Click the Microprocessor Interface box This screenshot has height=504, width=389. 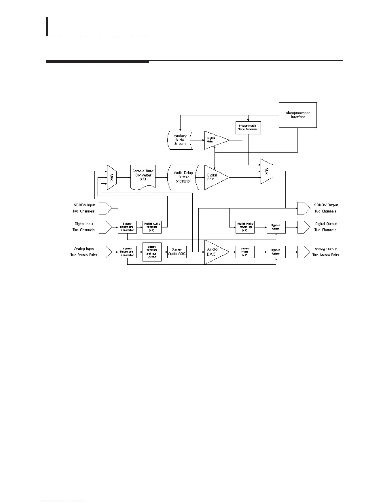pyautogui.click(x=297, y=115)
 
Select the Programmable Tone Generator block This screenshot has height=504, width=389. pyautogui.click(x=248, y=128)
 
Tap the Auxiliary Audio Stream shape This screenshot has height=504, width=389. pyautogui.click(x=180, y=140)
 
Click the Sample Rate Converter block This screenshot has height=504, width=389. pyautogui.click(x=143, y=177)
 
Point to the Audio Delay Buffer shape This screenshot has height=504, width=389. pyautogui.click(x=183, y=177)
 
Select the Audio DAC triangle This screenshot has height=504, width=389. pyautogui.click(x=214, y=252)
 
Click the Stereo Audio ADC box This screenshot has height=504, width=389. pyautogui.click(x=177, y=252)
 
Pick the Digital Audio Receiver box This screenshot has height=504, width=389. pyautogui.click(x=152, y=227)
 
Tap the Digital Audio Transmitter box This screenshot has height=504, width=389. pyautogui.click(x=245, y=227)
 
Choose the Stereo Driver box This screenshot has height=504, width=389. pyautogui.click(x=245, y=252)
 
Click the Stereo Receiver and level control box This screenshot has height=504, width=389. pyautogui.click(x=152, y=252)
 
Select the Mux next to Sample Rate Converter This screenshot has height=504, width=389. pyautogui.click(x=112, y=177)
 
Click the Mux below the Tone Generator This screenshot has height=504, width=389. pyautogui.click(x=267, y=171)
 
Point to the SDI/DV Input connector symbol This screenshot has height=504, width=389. pyautogui.click(x=105, y=208)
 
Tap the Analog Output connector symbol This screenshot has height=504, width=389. pyautogui.click(x=304, y=252)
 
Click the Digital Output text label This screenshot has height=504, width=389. pyautogui.click(x=326, y=224)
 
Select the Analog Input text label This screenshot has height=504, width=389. pyautogui.click(x=84, y=249)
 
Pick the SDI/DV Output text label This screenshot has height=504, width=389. pyautogui.click(x=326, y=205)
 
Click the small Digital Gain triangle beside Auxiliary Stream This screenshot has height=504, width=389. pyautogui.click(x=215, y=140)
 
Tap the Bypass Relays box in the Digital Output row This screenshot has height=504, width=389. pyautogui.click(x=276, y=227)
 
